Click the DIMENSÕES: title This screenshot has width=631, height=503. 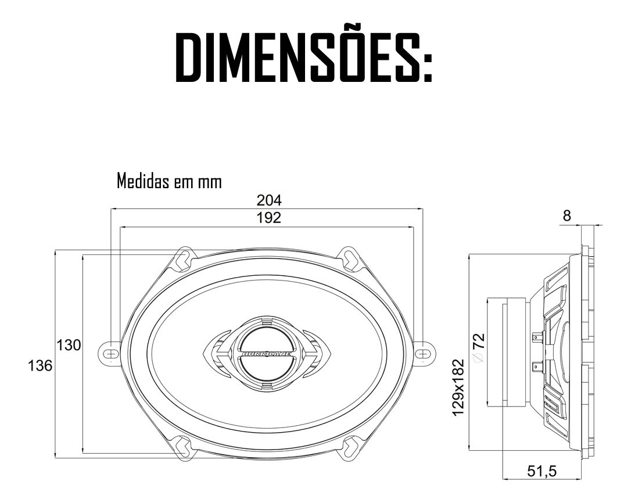tap(304, 57)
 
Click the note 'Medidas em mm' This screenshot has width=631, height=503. tap(169, 181)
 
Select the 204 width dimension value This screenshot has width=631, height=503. tap(269, 200)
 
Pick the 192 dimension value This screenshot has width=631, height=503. tap(269, 218)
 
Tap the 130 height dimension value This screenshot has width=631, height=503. tap(69, 345)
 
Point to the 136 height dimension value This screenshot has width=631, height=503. tap(40, 366)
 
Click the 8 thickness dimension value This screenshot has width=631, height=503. tap(567, 216)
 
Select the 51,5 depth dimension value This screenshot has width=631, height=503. tap(542, 471)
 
